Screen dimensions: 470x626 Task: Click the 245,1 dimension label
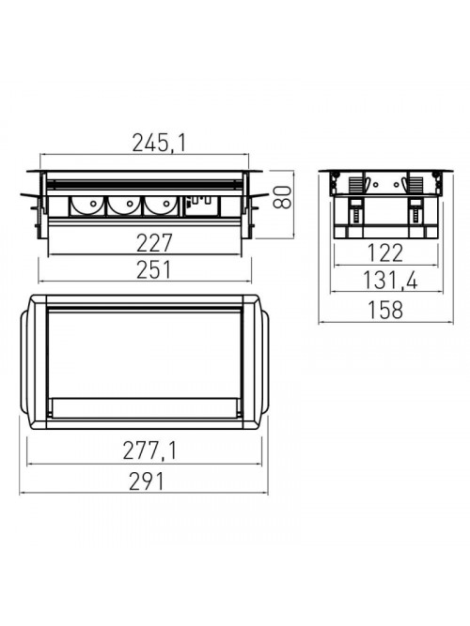(159, 143)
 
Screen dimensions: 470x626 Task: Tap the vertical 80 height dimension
(282, 197)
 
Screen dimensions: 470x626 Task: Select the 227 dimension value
(154, 243)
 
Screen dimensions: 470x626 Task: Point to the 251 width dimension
(153, 269)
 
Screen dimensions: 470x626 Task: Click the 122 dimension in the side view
(384, 253)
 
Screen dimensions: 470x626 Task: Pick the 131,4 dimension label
(390, 281)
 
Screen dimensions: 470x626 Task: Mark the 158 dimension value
(385, 310)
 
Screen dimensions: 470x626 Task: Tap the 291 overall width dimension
(147, 481)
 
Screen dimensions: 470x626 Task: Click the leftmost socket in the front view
(88, 206)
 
